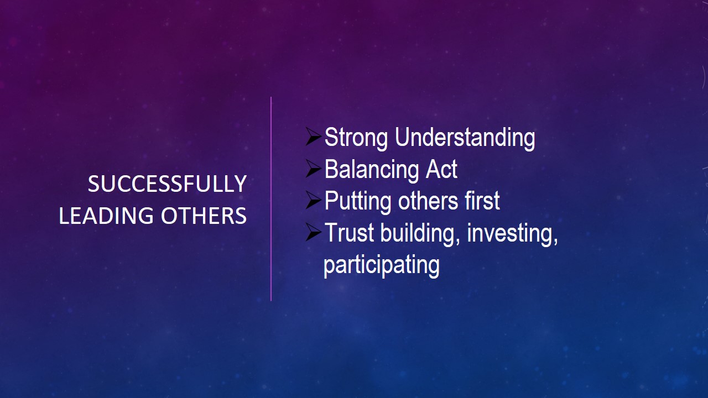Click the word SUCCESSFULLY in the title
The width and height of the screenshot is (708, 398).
tap(167, 184)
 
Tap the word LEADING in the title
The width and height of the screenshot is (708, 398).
tap(106, 216)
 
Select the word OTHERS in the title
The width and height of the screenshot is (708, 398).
tap(204, 216)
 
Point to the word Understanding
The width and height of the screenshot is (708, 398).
tap(465, 138)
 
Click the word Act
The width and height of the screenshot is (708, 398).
tap(441, 169)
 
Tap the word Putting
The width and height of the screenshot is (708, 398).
tap(357, 202)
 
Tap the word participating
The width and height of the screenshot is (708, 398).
tap(382, 266)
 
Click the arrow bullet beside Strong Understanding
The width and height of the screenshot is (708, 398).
tap(313, 137)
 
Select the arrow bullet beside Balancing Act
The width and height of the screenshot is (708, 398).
tap(313, 169)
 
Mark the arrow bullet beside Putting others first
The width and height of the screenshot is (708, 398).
tap(313, 200)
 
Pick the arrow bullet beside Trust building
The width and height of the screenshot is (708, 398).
tap(313, 232)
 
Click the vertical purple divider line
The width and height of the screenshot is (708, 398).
tap(271, 199)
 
